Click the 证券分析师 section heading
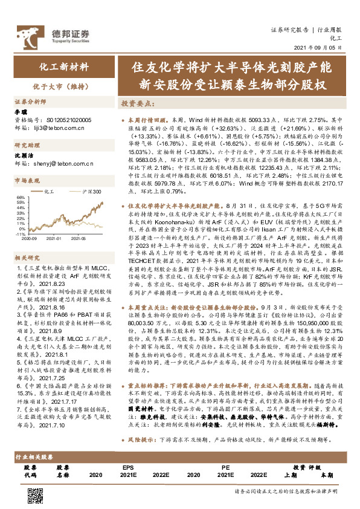coord(30,101)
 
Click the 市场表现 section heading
coord(27,180)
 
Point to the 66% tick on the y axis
coord(19,198)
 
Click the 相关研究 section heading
coord(27,258)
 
